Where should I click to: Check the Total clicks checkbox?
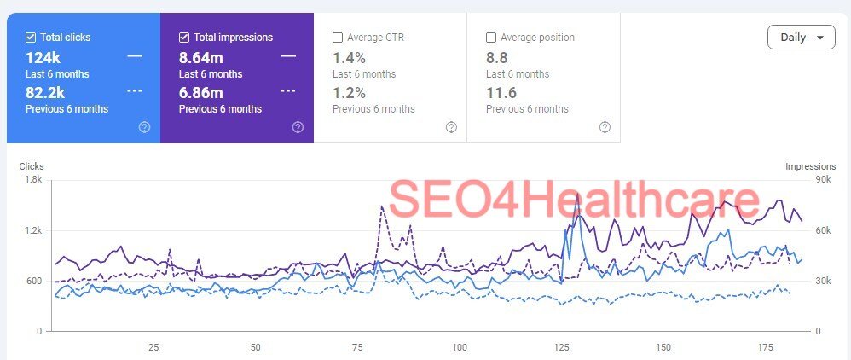pos(31,38)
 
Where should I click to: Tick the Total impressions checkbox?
pos(184,38)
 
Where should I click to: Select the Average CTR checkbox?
pos(338,38)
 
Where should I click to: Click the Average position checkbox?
pos(491,38)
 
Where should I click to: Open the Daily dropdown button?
pos(801,38)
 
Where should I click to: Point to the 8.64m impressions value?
pos(200,57)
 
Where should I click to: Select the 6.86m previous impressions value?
pos(200,92)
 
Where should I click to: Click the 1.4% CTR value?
pos(349,57)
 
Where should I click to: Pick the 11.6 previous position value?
pos(501,92)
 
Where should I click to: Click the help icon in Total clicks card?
pos(144,127)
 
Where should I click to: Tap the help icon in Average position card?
pos(605,127)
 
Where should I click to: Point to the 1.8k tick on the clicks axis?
pos(33,180)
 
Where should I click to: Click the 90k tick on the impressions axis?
pos(800,180)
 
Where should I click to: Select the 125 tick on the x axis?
pos(561,347)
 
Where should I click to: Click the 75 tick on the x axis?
pos(357,347)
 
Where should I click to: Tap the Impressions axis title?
pos(810,166)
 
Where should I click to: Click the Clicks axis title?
pos(32,166)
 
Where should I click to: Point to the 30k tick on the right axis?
pos(800,281)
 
